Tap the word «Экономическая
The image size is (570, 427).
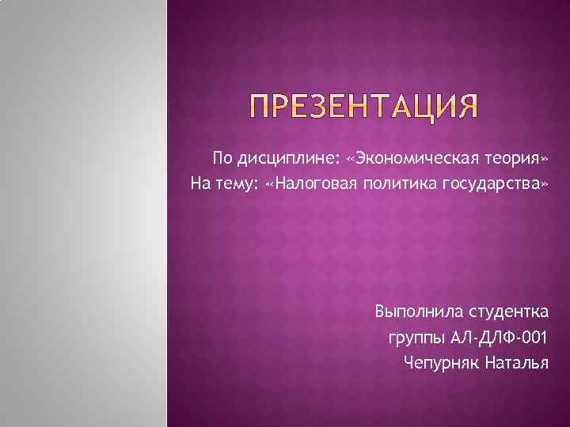pyautogui.click(x=403, y=159)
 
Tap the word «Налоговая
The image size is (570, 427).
pyautogui.click(x=311, y=184)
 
